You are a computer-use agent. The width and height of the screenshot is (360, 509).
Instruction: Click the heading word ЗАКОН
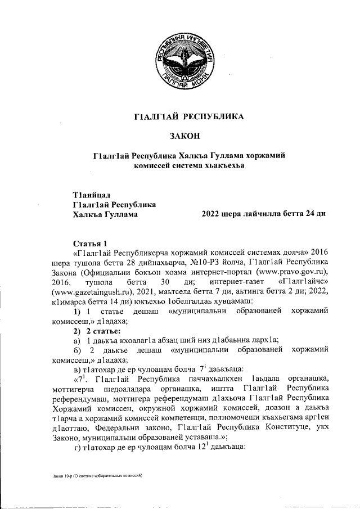point(185,136)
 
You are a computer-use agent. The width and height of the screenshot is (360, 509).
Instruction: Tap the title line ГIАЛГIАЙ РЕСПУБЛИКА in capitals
point(185,117)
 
